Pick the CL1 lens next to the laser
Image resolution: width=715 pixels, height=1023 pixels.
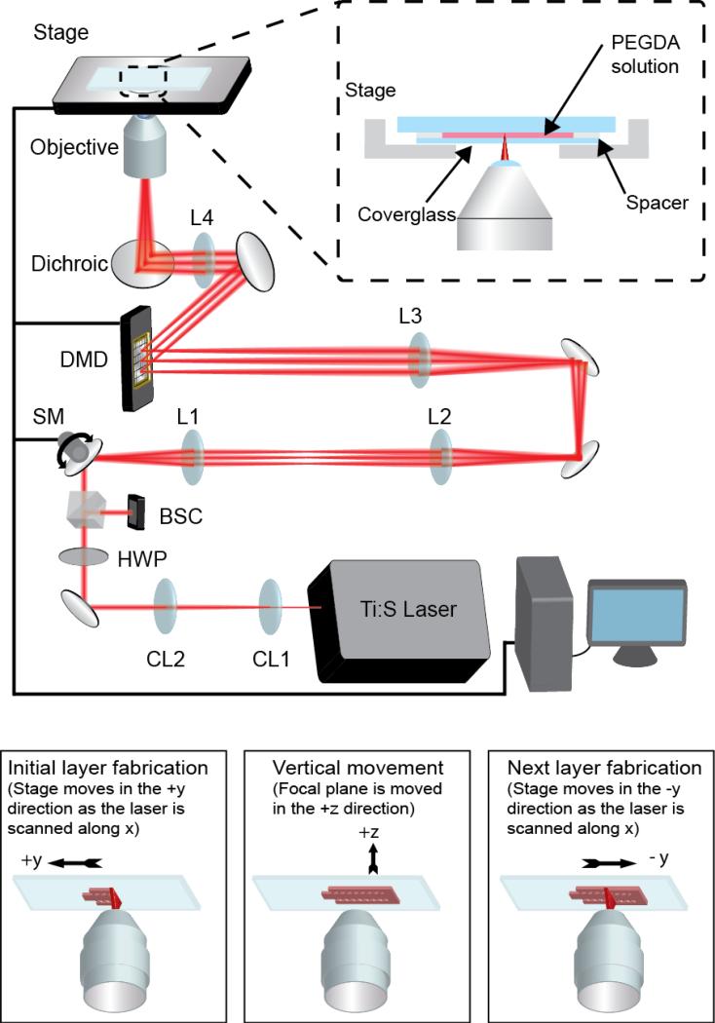[270, 608]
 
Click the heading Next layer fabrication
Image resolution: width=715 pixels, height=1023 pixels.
[596, 768]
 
